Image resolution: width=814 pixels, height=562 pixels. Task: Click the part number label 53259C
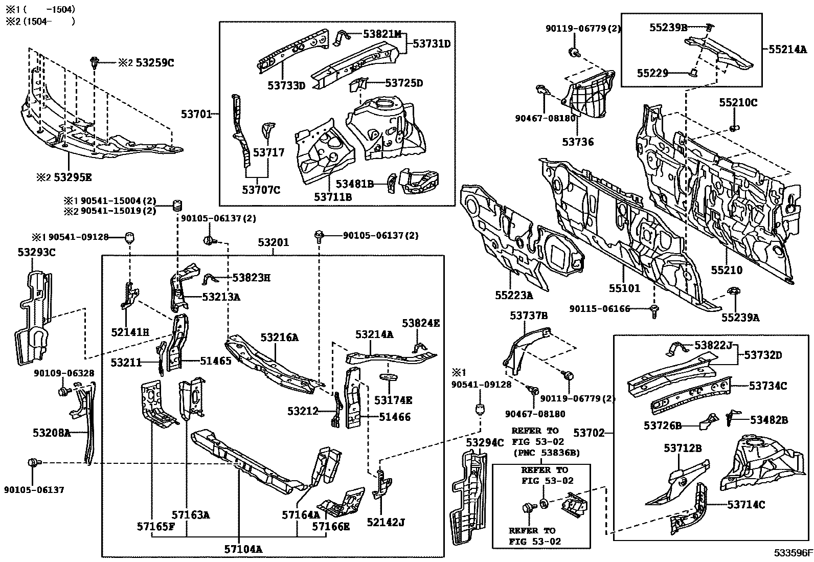point(155,63)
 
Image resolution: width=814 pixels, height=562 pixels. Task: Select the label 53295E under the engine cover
point(74,177)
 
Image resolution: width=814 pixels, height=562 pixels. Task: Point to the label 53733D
point(286,85)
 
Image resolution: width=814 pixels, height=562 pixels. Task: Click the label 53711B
point(333,196)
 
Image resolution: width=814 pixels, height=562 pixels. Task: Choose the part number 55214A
point(787,50)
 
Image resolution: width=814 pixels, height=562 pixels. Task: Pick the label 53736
point(578,142)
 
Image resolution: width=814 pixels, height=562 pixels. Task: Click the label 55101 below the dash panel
point(624,288)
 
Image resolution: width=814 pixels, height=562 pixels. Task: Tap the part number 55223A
point(514,295)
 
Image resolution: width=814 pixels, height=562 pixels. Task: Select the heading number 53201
point(273,242)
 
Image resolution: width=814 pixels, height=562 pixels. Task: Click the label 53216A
point(280,338)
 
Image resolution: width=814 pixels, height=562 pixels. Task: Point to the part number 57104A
point(243,549)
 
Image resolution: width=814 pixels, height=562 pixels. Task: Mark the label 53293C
point(37,252)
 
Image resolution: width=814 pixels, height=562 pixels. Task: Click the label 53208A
point(52,433)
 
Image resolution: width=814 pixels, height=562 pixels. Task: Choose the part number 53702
point(589,433)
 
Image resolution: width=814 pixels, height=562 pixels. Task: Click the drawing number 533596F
point(793,553)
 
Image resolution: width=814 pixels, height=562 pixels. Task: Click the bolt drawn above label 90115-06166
point(654,308)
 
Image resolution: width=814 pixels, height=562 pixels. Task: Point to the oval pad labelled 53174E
point(390,377)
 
